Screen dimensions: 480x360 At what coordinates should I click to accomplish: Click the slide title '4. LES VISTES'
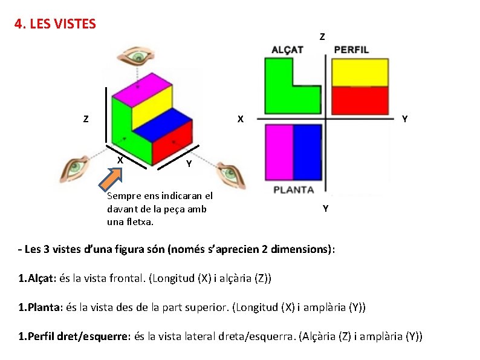point(55,24)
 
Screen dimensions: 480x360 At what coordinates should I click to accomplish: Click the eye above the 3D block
point(139,57)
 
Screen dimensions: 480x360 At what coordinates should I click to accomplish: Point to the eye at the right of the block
point(230,174)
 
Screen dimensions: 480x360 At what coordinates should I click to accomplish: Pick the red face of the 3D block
point(172,146)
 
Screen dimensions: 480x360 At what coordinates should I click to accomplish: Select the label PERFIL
point(351,50)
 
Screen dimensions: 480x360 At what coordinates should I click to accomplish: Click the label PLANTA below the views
point(294,189)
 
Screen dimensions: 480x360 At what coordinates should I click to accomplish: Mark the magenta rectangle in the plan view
point(279,151)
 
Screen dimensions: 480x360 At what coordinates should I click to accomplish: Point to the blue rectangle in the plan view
point(307,151)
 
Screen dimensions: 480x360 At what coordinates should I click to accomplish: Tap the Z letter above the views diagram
point(322,36)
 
